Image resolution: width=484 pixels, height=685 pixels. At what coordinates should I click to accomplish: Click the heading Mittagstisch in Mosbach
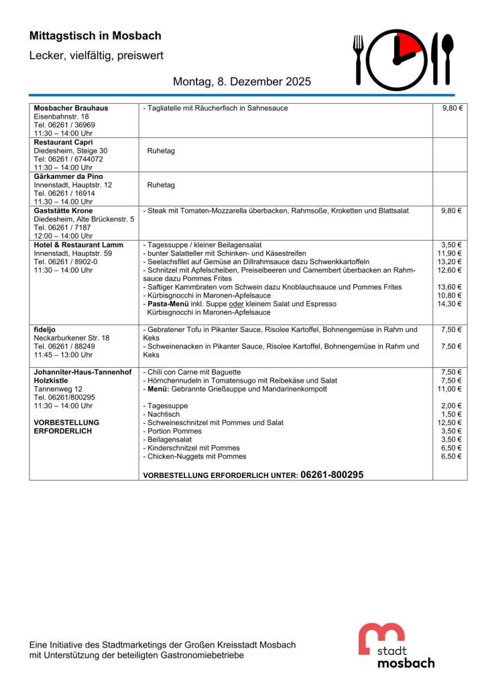[95, 36]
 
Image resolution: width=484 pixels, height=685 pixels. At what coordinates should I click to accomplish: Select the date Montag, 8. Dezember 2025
[242, 82]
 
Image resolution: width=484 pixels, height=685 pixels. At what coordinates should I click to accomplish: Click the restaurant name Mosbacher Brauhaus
[71, 108]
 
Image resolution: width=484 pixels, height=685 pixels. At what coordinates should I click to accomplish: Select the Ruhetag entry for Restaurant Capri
[161, 151]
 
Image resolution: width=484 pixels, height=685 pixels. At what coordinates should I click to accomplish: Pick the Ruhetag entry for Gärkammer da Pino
[161, 185]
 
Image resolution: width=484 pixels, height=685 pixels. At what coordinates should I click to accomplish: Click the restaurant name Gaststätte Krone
[63, 211]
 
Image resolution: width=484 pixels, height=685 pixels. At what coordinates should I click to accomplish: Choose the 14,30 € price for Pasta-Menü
[450, 304]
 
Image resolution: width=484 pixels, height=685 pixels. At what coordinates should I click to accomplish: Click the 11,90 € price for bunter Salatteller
[450, 253]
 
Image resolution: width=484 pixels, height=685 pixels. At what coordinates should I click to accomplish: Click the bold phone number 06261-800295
[332, 474]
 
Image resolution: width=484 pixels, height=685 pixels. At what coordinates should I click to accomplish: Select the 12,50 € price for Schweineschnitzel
[450, 423]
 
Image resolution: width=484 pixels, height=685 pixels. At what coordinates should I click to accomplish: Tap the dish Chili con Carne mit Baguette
[192, 372]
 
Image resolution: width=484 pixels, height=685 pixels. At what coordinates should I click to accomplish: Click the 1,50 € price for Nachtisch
[452, 414]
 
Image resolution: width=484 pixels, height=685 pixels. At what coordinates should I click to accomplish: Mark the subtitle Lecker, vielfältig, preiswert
[97, 56]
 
